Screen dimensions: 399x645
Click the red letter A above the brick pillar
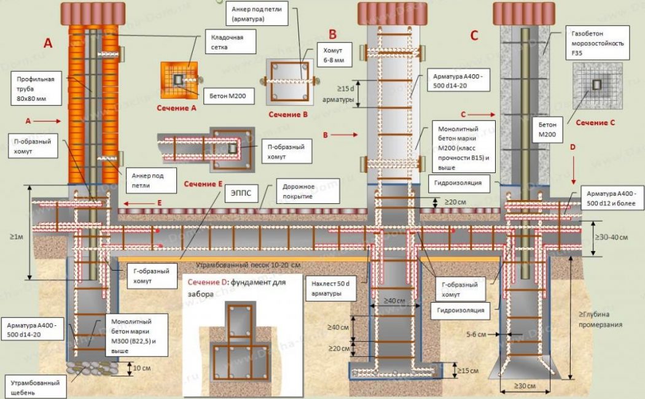(x=48, y=43)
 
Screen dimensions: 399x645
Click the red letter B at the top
(x=332, y=34)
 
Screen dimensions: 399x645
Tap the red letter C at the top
(x=474, y=36)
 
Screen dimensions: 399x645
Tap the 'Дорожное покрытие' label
(x=299, y=192)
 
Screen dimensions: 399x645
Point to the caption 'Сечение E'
(x=203, y=184)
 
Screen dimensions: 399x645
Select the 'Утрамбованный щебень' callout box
(x=33, y=387)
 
